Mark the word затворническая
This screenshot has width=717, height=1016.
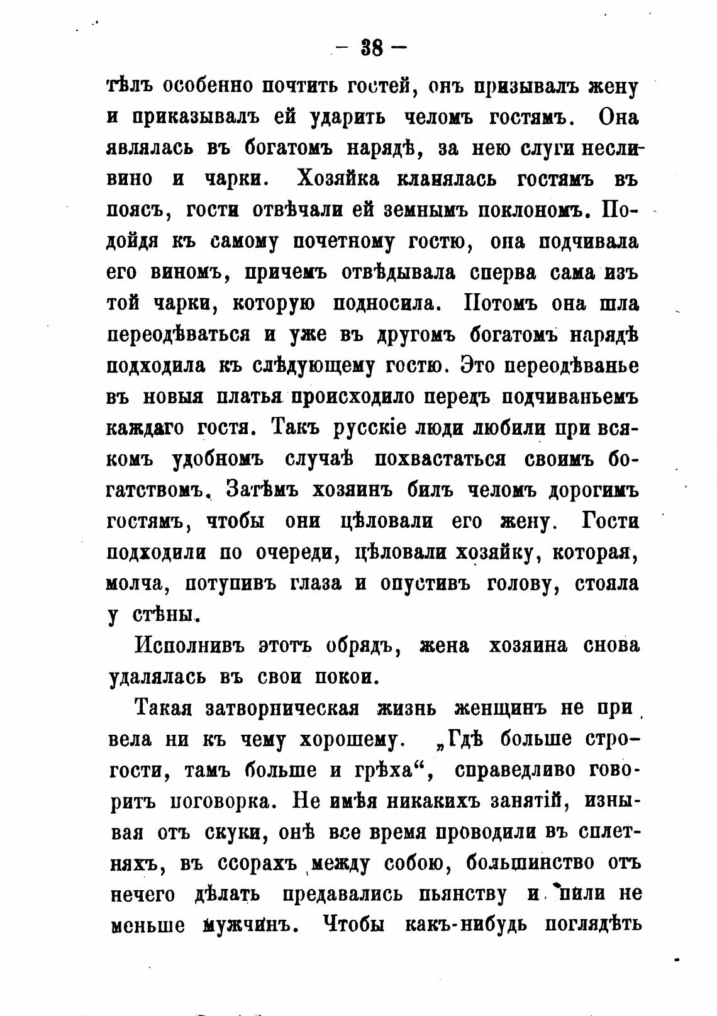coord(282,708)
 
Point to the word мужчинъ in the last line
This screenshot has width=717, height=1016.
coord(247,925)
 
